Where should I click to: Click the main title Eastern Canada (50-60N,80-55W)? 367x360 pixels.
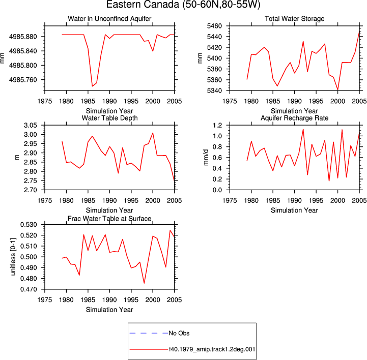pyautogui.click(x=183, y=5)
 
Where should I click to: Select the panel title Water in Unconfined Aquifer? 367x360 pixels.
pyautogui.click(x=109, y=19)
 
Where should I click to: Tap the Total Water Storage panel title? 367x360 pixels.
pyautogui.click(x=294, y=19)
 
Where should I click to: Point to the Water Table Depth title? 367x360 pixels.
pyautogui.click(x=109, y=118)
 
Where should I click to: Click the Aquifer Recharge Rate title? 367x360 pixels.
pyautogui.click(x=294, y=118)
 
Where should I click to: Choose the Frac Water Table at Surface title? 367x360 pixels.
pyautogui.click(x=109, y=219)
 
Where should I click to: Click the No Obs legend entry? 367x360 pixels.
pyautogui.click(x=179, y=333)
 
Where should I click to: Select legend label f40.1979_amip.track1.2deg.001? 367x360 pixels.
pyautogui.click(x=212, y=349)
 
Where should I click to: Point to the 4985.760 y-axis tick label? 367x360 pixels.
pyautogui.click(x=23, y=80)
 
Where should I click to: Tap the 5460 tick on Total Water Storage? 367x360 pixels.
pyautogui.click(x=214, y=26)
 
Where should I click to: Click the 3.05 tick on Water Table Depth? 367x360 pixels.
pyautogui.click(x=31, y=125)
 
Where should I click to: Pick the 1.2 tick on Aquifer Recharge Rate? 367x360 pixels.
pyautogui.click(x=217, y=125)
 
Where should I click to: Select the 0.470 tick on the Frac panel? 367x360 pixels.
pyautogui.click(x=29, y=289)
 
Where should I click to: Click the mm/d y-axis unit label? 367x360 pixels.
pyautogui.click(x=206, y=158)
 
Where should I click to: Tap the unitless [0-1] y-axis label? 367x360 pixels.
pyautogui.click(x=13, y=257)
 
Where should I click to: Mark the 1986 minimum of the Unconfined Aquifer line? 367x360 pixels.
pyautogui.click(x=92, y=86)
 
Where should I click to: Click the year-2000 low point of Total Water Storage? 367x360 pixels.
pyautogui.click(x=338, y=90)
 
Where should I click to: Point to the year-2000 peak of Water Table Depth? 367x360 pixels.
pyautogui.click(x=153, y=133)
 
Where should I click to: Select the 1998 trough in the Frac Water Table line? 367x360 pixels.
pyautogui.click(x=144, y=283)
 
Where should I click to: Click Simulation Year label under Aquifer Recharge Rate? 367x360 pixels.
pyautogui.click(x=294, y=211)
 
